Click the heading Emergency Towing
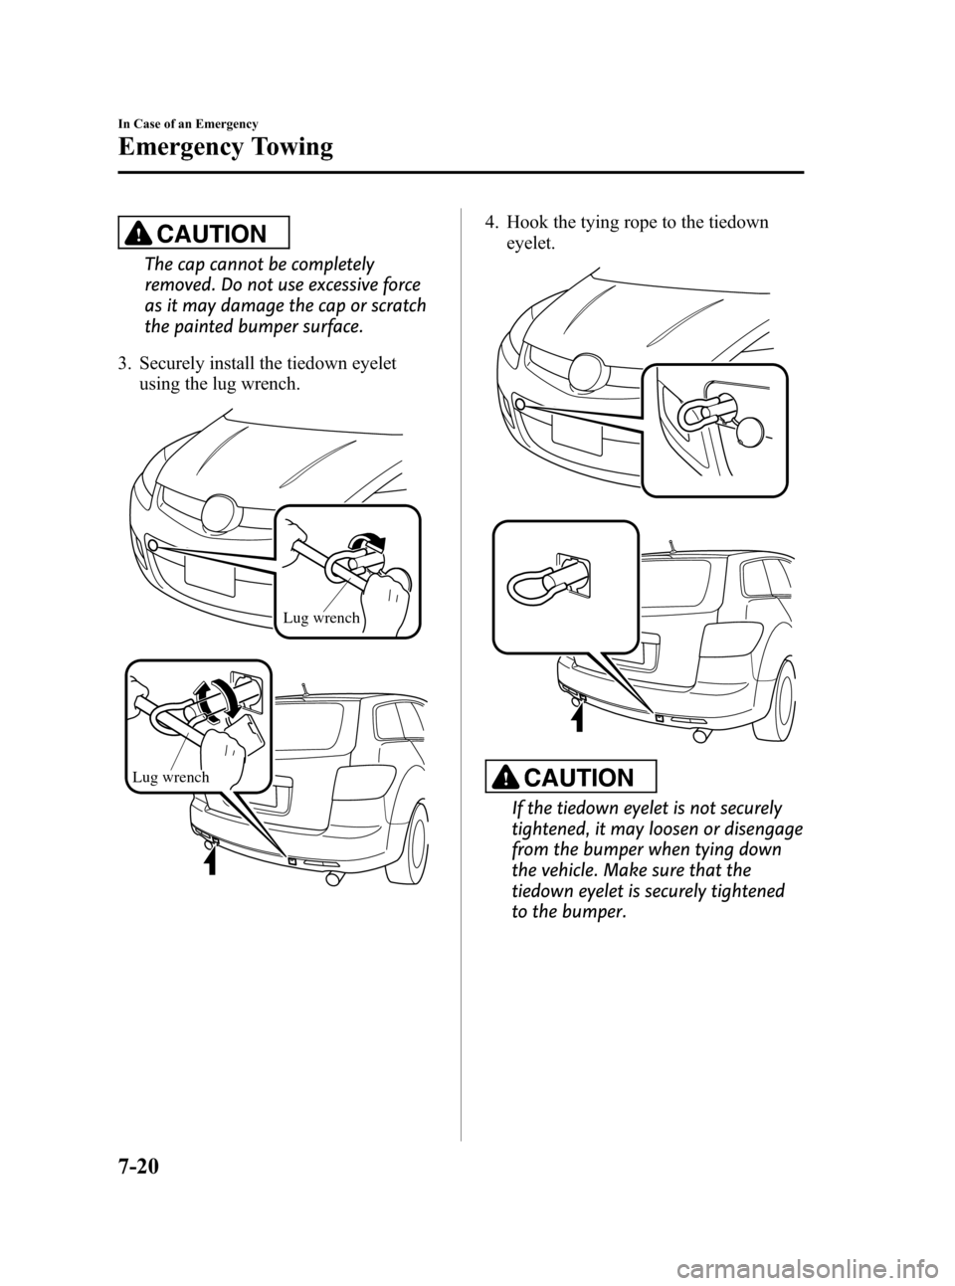pos(225,147)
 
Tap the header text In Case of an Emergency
pos(188,123)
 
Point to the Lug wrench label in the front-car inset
pos(321,619)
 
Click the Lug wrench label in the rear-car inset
pos(169,777)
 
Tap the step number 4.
pos(477,222)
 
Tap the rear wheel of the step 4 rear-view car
pos(774,704)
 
